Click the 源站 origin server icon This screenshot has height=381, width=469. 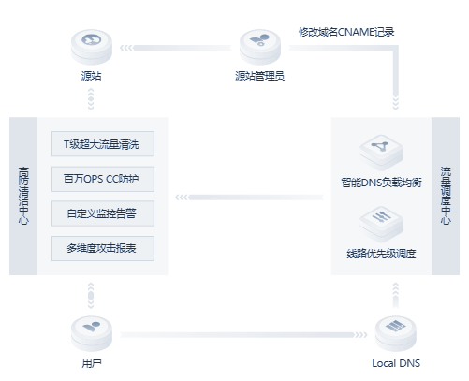click(92, 47)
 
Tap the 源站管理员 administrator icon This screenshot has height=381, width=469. click(260, 47)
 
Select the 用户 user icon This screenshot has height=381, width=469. click(92, 333)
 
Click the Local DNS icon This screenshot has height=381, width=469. click(395, 333)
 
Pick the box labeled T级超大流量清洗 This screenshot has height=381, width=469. click(103, 144)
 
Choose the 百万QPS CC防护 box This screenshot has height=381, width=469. click(103, 179)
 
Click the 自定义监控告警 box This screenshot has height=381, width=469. click(103, 213)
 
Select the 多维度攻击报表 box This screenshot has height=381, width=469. click(103, 248)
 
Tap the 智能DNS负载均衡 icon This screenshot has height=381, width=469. click(381, 152)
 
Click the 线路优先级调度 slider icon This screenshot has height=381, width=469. click(381, 223)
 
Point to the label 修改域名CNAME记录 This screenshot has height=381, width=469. click(346, 32)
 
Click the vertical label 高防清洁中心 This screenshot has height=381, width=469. click(23, 196)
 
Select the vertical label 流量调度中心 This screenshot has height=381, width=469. click(446, 196)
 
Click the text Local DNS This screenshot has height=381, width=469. click(396, 363)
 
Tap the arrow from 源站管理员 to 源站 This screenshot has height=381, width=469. click(176, 48)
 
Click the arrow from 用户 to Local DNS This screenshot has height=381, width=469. click(243, 335)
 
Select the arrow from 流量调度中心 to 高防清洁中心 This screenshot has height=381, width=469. click(250, 198)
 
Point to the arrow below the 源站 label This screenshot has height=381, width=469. click(91, 99)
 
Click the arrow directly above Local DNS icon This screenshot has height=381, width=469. click(396, 295)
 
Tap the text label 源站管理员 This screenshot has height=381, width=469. click(260, 76)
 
